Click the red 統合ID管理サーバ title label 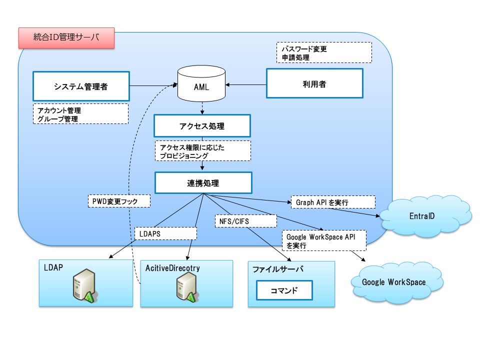tap(66, 38)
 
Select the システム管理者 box tap(81, 86)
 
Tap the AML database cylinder tap(201, 83)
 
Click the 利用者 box tap(314, 83)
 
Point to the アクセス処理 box tap(202, 126)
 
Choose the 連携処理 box tap(203, 183)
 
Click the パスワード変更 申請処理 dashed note tap(324, 52)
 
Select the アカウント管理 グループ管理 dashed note tap(80, 114)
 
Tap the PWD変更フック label tap(119, 201)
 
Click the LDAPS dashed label tap(165, 233)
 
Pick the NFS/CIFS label tap(246, 221)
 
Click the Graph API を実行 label tap(333, 202)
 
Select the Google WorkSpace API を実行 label tap(324, 240)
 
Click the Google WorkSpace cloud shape tap(396, 282)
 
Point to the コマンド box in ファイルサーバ tap(284, 290)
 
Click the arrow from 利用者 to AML tap(246, 85)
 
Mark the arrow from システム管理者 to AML tap(153, 85)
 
